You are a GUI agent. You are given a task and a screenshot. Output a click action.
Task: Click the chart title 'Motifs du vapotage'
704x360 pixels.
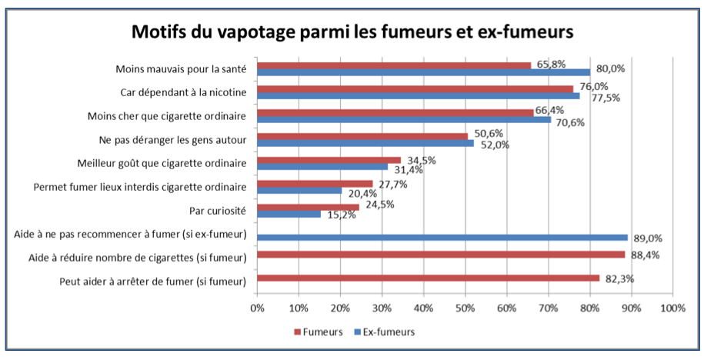pos(352,32)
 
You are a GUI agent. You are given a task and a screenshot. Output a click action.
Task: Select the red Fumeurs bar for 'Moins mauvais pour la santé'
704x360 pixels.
pos(393,65)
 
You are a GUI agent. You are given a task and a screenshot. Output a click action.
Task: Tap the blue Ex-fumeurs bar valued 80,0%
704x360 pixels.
pos(423,72)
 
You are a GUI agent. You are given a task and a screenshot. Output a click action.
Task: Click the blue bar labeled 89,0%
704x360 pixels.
pos(442,237)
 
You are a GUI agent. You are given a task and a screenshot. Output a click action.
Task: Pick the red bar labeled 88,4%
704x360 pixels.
pos(440,255)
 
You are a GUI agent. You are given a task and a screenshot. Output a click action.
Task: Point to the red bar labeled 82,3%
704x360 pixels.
pos(428,278)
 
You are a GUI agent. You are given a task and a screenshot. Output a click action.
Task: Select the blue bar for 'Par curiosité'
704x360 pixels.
pos(289,214)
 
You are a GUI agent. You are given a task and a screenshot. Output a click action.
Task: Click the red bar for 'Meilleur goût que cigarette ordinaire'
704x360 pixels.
pos(329,160)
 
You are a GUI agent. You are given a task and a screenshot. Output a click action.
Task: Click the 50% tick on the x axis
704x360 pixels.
pos(464,308)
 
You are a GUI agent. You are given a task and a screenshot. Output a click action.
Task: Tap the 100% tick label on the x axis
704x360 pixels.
pos(672,308)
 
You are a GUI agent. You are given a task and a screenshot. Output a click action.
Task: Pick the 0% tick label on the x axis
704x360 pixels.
pos(257,308)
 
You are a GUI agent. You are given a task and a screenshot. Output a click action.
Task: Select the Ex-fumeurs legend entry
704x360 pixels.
pos(384,332)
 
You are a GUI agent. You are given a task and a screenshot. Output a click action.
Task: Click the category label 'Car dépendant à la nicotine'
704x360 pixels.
pos(183,93)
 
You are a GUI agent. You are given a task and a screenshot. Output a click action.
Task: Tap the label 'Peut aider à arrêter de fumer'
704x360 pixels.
pos(152,281)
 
